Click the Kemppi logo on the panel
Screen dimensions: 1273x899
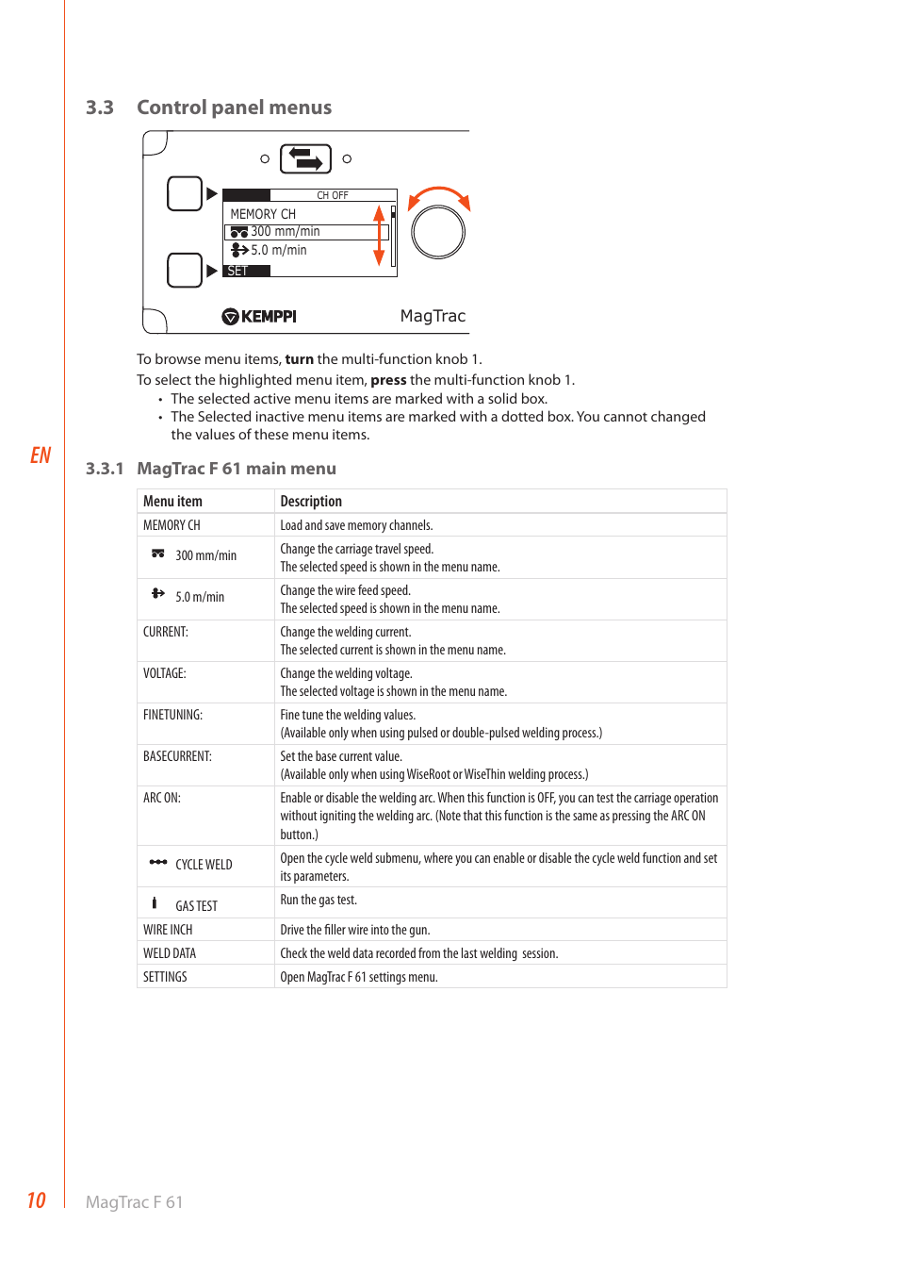coord(259,317)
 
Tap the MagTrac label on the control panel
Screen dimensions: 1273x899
coord(433,316)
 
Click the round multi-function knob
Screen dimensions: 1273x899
coord(438,232)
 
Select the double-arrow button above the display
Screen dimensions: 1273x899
coord(305,158)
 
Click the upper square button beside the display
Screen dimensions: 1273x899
coord(185,193)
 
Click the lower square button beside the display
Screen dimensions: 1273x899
coord(185,270)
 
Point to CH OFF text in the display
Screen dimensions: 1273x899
coord(332,195)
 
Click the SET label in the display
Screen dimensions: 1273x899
coord(237,271)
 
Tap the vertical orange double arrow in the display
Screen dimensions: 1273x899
coord(379,236)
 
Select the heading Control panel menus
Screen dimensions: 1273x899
coord(234,107)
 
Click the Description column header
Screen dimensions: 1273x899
coord(311,502)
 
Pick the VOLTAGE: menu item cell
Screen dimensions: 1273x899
coord(165,673)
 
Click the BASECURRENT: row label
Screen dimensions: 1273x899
coord(177,756)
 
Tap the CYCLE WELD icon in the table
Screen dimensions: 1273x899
coord(158,862)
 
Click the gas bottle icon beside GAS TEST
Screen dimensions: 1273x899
coord(155,903)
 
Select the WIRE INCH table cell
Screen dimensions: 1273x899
coord(168,930)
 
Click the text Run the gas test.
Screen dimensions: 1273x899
coord(319,901)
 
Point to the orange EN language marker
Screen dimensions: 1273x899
coord(41,455)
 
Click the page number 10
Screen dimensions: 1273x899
coord(36,1200)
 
